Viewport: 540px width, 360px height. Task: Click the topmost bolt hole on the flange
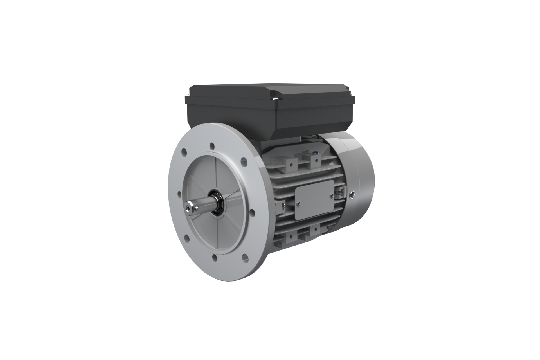(x=211, y=147)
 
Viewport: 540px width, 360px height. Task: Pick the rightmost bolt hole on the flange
(x=252, y=211)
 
